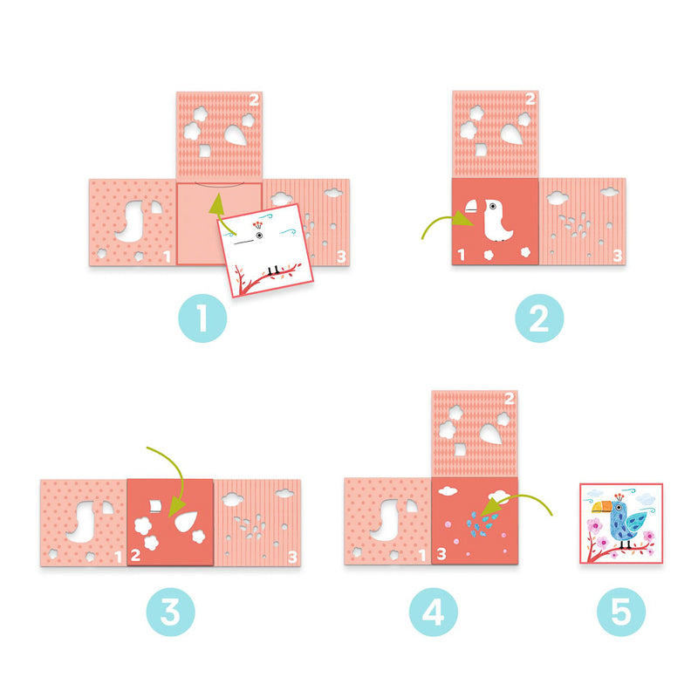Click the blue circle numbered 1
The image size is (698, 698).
[x=202, y=320]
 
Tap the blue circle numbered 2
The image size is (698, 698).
[x=539, y=320]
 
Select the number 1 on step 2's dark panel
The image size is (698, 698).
[x=461, y=256]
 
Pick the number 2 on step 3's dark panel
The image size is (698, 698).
[x=136, y=554]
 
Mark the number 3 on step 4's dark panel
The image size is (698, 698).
[x=441, y=554]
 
